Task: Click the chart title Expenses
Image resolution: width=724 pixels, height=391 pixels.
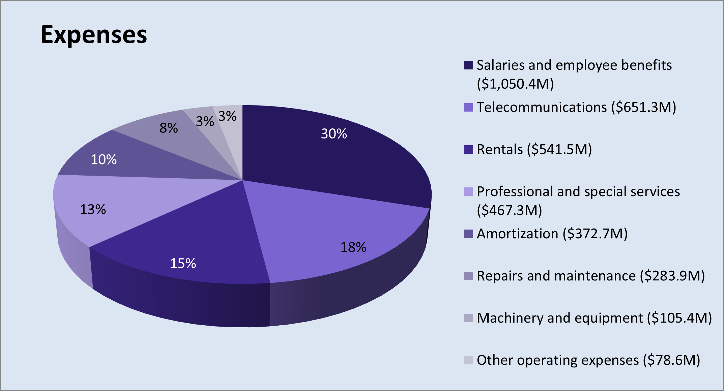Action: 94,35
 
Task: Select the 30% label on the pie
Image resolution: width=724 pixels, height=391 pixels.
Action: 334,134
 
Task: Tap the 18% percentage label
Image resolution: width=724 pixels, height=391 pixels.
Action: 353,247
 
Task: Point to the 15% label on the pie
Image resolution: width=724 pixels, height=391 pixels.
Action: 183,263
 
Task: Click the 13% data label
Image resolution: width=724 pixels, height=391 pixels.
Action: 93,209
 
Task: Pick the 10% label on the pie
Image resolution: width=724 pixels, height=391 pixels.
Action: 104,159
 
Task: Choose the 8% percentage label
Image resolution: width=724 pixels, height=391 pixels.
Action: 169,128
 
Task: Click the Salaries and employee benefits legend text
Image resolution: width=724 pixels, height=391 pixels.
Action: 574,74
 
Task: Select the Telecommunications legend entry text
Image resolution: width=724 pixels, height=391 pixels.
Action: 576,107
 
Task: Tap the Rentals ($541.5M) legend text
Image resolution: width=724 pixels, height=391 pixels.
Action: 534,149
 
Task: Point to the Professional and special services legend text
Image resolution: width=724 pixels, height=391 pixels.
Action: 578,201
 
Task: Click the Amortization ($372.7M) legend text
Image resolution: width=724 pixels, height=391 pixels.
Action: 552,234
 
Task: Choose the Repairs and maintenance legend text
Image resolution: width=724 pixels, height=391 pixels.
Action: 590,276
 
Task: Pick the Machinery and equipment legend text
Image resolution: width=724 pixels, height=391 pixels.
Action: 594,318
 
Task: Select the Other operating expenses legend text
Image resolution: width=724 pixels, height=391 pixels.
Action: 588,360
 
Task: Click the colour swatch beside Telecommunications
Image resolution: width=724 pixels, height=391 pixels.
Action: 468,107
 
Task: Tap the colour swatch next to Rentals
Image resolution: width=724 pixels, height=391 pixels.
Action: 468,149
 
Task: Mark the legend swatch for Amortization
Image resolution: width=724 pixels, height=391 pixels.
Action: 468,234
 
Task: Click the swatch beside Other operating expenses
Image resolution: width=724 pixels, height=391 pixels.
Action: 468,360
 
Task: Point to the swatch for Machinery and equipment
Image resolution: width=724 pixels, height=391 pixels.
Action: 468,318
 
